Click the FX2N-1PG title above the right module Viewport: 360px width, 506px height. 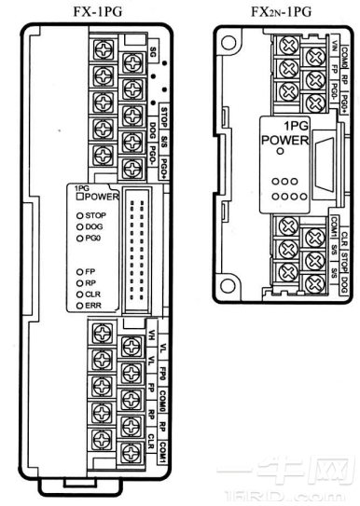point(279,11)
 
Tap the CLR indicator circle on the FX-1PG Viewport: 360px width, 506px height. point(76,293)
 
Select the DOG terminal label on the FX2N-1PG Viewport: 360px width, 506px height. point(345,264)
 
